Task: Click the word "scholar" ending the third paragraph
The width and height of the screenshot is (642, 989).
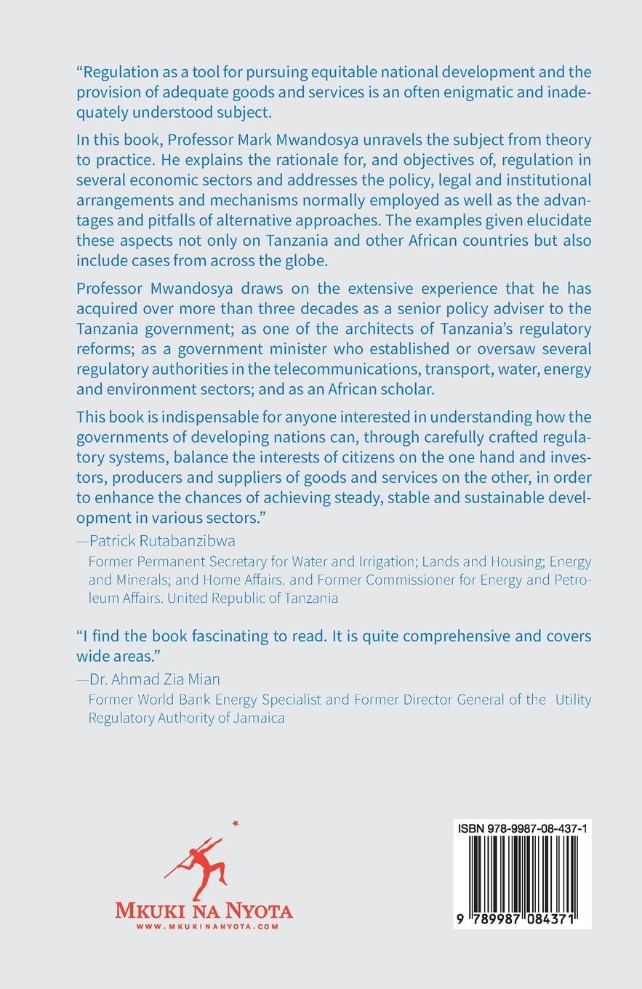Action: (x=409, y=389)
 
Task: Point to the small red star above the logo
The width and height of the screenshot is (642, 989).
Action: (x=235, y=823)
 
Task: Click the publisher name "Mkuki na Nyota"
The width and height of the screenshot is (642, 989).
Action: (x=204, y=910)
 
